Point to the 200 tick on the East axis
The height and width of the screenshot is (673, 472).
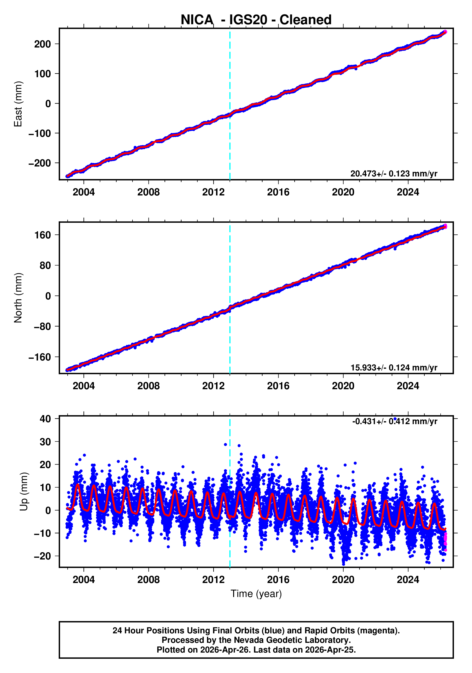(43, 44)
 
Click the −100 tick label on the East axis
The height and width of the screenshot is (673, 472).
(40, 133)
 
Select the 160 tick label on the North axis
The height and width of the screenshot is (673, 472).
(43, 235)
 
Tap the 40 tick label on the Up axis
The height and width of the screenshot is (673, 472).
(45, 419)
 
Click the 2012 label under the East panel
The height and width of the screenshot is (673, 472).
(213, 192)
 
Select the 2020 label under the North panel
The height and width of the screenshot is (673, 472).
(343, 386)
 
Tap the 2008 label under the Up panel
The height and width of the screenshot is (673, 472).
(149, 580)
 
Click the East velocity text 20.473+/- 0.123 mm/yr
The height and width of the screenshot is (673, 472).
(394, 174)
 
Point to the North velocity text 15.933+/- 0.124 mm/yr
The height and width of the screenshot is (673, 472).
(394, 367)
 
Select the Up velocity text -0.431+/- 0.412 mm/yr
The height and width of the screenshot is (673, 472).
(395, 422)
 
